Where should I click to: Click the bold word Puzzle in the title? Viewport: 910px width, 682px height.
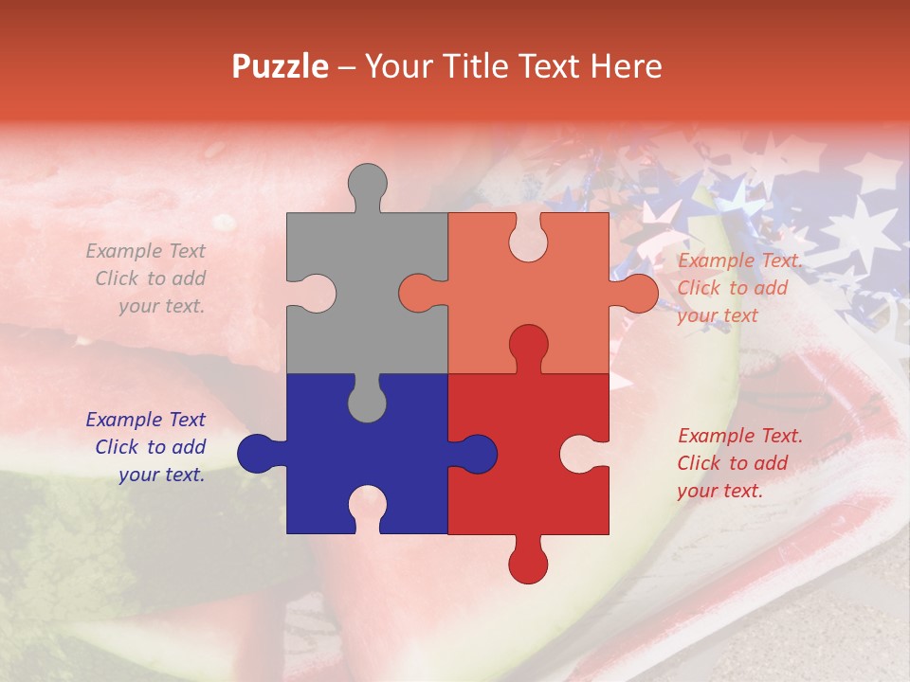tap(281, 66)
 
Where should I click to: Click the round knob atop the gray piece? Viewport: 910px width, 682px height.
tap(368, 185)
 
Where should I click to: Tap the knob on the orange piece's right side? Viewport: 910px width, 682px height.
tap(637, 294)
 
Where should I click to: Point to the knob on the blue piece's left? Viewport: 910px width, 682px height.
tap(257, 454)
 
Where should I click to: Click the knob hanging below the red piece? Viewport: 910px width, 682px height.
tap(528, 563)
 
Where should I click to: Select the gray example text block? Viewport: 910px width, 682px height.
tap(147, 278)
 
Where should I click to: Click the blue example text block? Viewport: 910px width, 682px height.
tap(147, 447)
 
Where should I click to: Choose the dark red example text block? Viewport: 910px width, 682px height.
tap(737, 463)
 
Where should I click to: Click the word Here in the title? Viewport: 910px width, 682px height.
tap(626, 66)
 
